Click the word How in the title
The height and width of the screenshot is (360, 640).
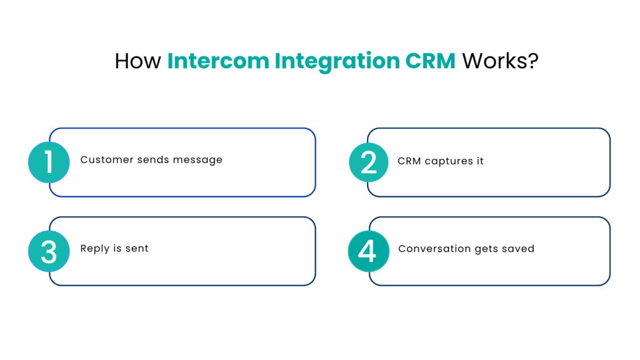coord(137,61)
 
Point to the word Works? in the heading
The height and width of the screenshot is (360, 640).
coord(500,61)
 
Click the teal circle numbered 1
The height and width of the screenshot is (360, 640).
coord(49,162)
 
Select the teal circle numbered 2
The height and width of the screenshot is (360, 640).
coord(369,162)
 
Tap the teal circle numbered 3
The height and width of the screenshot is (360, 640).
coord(49,251)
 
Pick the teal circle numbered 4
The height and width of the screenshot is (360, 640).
coord(368,251)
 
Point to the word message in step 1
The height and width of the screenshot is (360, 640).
coord(199,160)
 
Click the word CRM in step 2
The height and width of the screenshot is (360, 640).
coord(409,161)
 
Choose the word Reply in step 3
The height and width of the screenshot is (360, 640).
coord(94,249)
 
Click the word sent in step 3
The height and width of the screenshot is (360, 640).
coord(137,248)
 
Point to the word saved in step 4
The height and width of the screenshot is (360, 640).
coord(518,248)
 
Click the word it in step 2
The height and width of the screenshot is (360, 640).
coord(479,161)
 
